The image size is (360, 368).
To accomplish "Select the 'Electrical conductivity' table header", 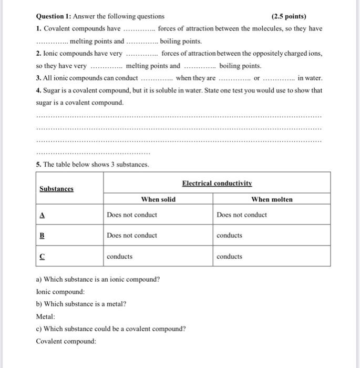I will click(217, 183).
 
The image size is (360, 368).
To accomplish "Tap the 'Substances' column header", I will click(56, 189).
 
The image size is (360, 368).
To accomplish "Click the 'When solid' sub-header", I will click(158, 199).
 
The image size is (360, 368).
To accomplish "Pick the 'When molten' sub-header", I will click(272, 199).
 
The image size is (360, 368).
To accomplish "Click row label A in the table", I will click(42, 214).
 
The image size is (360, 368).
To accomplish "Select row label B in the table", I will click(42, 236).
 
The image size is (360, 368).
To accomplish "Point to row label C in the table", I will click(42, 257).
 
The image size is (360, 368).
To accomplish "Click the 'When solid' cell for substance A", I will click(131, 214).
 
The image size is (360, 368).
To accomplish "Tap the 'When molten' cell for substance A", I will click(241, 214).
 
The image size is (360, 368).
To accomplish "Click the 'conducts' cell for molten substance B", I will click(229, 236).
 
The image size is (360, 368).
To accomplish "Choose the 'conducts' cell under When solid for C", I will click(119, 257).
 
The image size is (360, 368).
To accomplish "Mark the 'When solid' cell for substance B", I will click(131, 236).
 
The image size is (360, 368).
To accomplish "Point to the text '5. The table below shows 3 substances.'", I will click(92, 165).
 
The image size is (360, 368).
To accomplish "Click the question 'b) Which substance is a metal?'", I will click(81, 304).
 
